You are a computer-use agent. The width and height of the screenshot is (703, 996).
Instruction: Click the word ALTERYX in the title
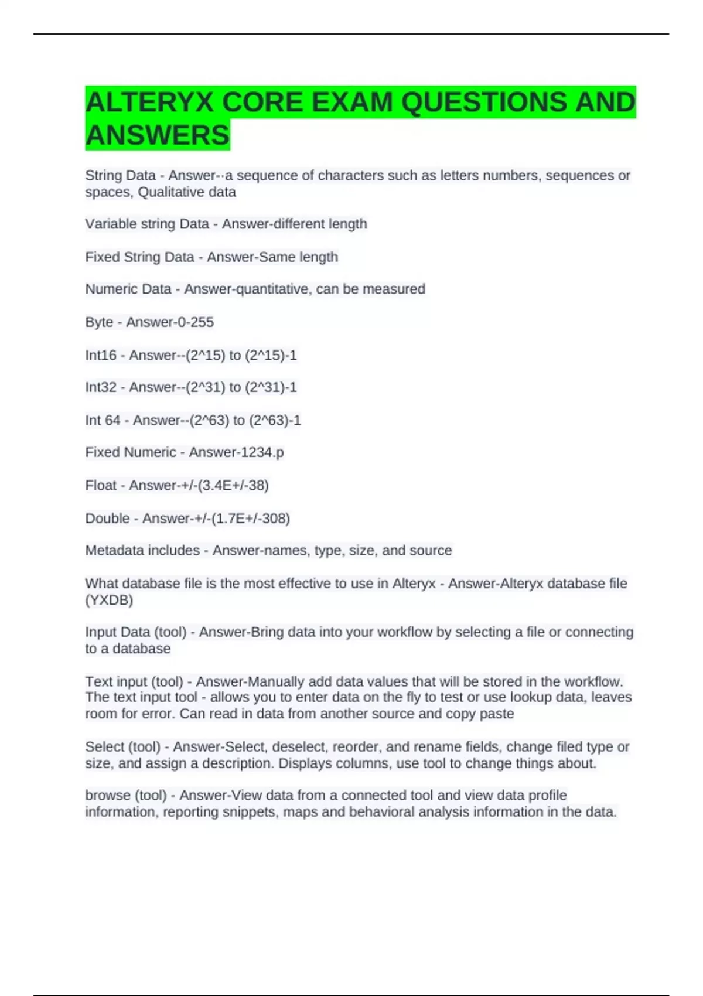(x=149, y=103)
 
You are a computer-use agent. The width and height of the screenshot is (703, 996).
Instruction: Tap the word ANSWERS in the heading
(x=157, y=135)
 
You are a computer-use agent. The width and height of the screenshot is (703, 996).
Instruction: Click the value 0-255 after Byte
(x=192, y=322)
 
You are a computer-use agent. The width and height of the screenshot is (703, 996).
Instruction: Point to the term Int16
(x=101, y=355)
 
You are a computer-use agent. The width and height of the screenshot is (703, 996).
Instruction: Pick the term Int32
(x=101, y=387)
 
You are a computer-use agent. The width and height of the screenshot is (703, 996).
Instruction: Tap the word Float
(x=101, y=485)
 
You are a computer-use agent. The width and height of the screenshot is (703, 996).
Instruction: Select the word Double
(x=107, y=519)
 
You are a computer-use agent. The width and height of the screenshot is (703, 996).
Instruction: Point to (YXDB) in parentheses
(x=109, y=600)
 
